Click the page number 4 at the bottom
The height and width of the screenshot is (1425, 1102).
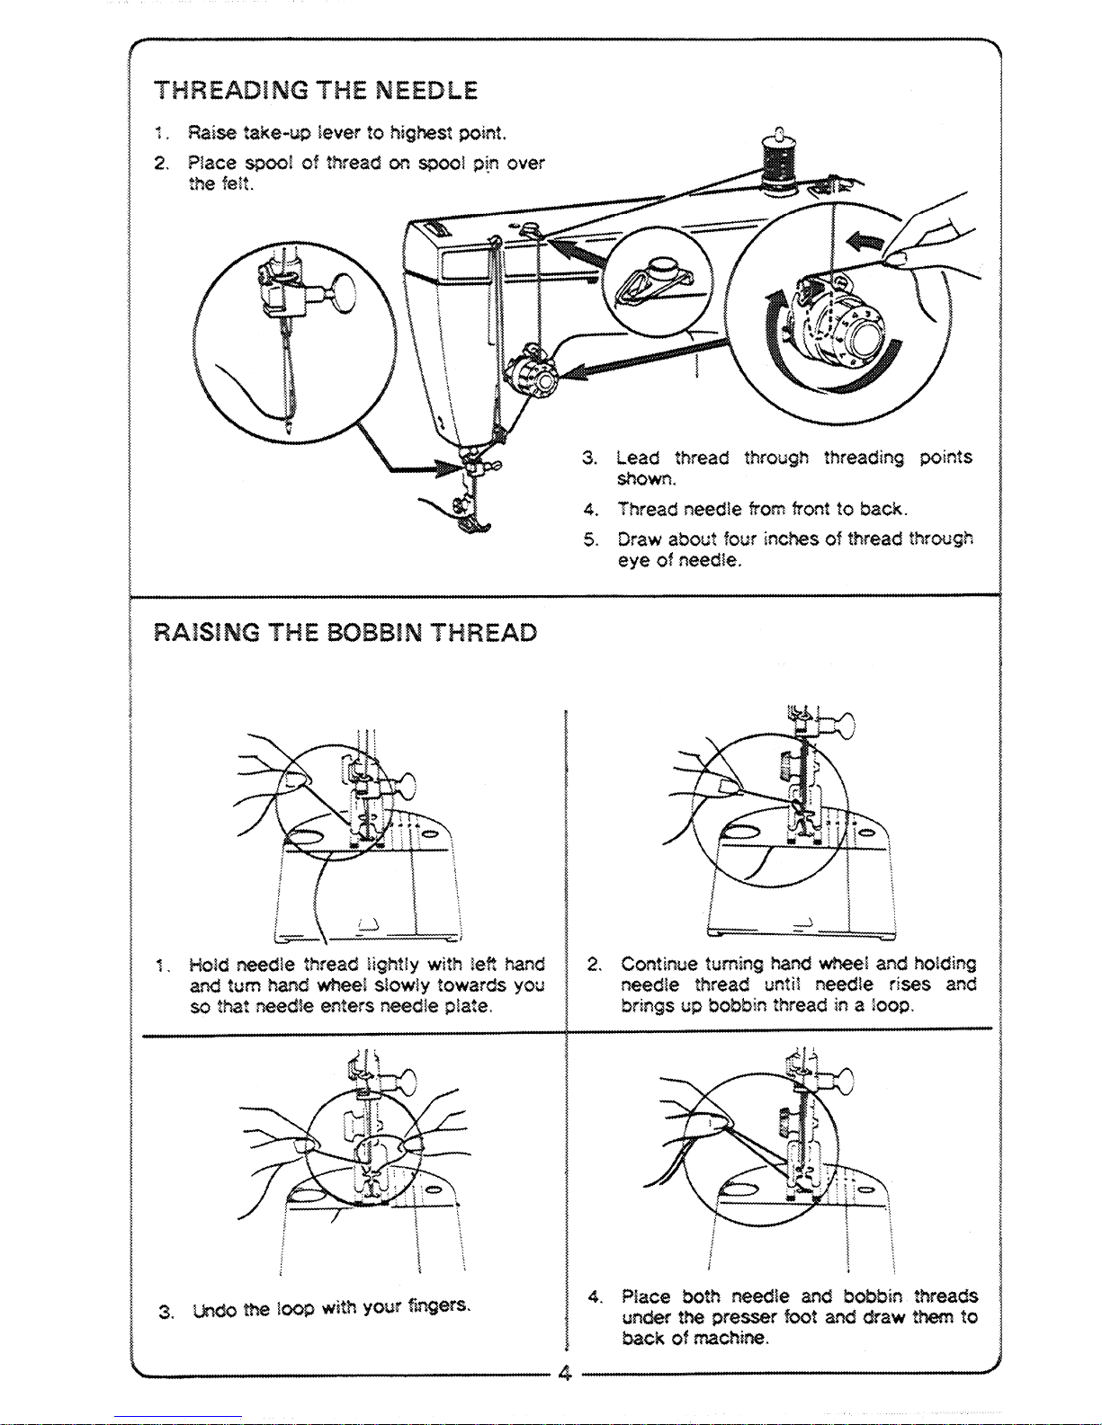point(565,1374)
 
